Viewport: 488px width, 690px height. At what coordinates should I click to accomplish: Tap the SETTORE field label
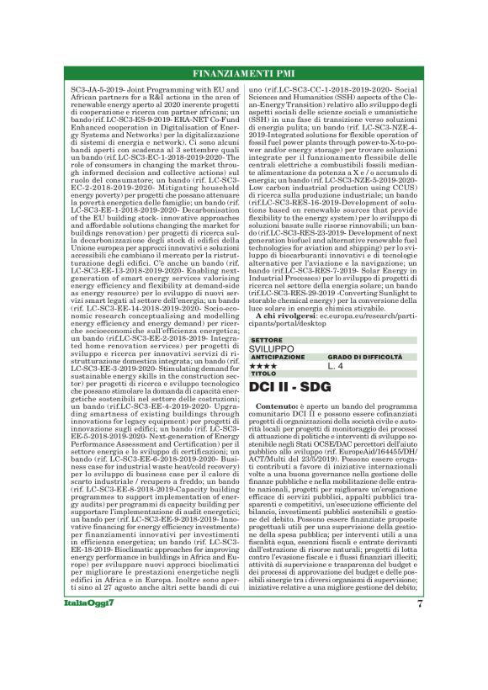pos(267,339)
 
